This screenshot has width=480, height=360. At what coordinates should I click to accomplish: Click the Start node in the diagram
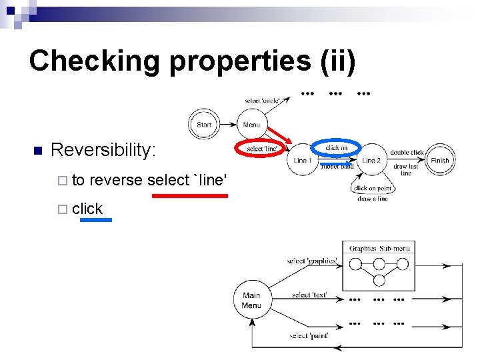[x=204, y=125]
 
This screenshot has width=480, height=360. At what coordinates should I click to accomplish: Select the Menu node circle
[x=252, y=125]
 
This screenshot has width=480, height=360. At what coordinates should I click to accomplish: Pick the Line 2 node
[x=371, y=160]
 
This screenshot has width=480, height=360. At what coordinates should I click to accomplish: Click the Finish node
[x=439, y=160]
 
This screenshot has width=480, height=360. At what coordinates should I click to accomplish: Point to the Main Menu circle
[x=251, y=301]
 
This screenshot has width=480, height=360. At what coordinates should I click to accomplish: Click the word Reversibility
[x=103, y=150]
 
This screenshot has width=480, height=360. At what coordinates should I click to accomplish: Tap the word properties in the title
[x=239, y=61]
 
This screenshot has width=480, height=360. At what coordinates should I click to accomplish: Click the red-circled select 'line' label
[x=261, y=149]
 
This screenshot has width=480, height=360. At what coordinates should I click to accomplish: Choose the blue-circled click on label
[x=337, y=148]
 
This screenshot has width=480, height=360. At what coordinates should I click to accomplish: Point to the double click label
[x=407, y=153]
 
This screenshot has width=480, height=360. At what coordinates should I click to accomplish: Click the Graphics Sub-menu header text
[x=379, y=249]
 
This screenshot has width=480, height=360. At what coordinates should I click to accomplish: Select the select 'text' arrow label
[x=309, y=295]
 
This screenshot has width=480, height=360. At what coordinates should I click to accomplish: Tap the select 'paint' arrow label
[x=309, y=335]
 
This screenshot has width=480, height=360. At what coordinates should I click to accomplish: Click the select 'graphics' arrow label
[x=312, y=261]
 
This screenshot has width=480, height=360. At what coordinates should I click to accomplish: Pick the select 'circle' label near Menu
[x=263, y=101]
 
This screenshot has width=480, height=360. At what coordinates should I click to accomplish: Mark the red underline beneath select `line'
[x=190, y=196]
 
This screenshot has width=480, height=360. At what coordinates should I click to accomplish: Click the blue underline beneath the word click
[x=95, y=219]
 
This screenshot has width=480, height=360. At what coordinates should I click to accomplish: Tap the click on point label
[x=373, y=189]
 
